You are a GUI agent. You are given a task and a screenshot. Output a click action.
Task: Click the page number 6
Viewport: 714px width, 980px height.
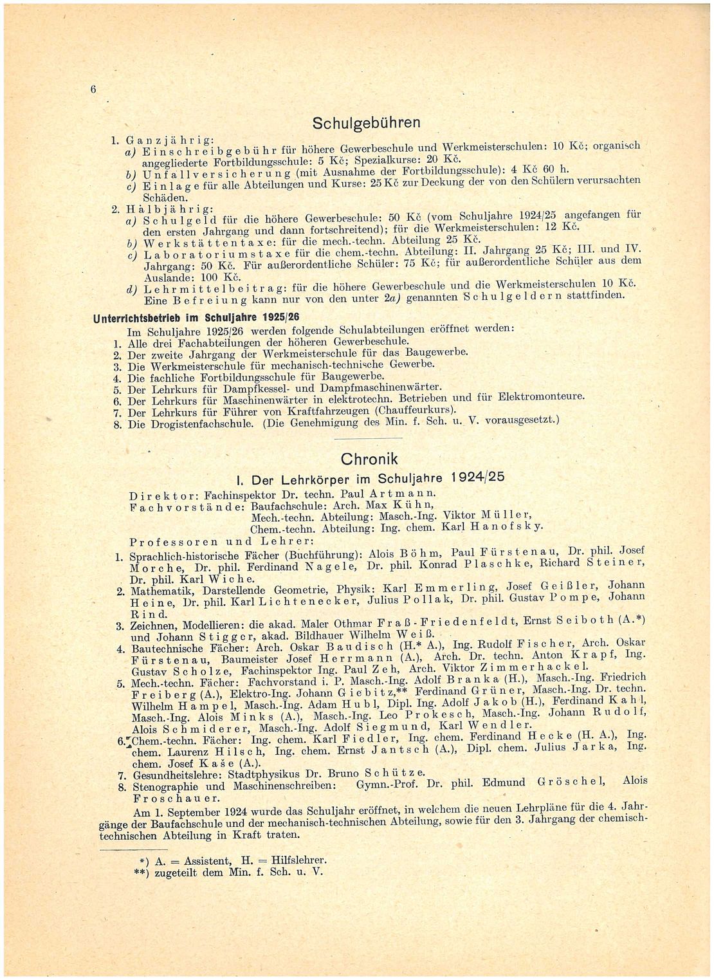pos(93,89)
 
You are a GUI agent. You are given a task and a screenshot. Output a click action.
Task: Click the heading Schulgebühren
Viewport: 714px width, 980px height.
pos(366,122)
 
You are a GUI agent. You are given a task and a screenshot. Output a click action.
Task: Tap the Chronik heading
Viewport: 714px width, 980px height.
pos(369,459)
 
